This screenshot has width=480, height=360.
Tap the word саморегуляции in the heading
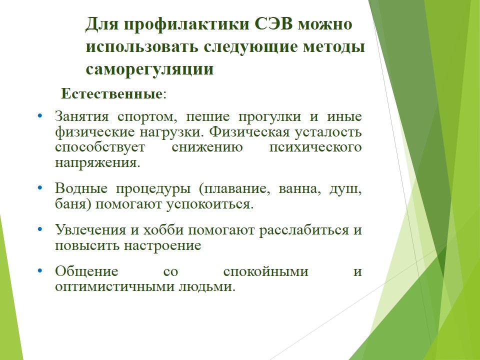click(149, 69)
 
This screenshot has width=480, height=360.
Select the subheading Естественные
click(111, 93)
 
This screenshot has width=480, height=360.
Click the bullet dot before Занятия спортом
click(40, 116)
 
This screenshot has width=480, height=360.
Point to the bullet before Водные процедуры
click(40, 187)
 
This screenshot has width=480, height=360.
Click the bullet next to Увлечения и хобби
click(40, 229)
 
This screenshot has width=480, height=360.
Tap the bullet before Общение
click(40, 270)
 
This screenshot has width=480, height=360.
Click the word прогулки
click(269, 117)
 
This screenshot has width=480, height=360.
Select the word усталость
click(328, 132)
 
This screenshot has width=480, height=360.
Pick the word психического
click(315, 147)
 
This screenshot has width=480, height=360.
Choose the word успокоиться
click(210, 204)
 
